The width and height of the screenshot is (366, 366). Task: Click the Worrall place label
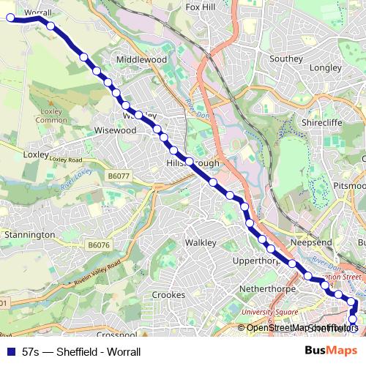click(x=37, y=12)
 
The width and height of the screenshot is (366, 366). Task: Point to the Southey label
click(x=286, y=59)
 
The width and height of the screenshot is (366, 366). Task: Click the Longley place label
click(x=327, y=67)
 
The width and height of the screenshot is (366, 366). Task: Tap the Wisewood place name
click(x=116, y=130)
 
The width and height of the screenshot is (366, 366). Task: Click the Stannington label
click(x=30, y=235)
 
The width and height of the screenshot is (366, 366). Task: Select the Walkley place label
click(x=201, y=242)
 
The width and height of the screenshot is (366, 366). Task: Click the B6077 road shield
click(x=117, y=176)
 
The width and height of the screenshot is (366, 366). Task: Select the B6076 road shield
click(x=97, y=244)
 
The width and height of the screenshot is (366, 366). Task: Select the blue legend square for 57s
click(x=10, y=351)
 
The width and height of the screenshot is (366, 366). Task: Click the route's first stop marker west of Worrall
click(x=11, y=18)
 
